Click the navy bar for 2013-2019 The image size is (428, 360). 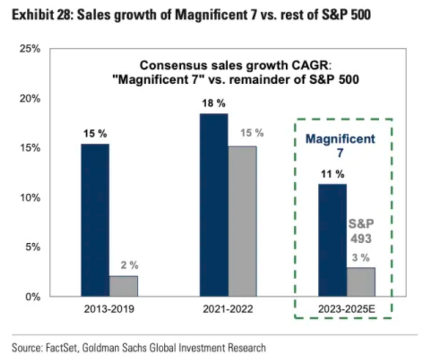95,220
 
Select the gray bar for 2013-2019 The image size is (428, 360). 124,286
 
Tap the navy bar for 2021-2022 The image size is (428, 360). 214,205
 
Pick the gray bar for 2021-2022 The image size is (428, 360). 242,221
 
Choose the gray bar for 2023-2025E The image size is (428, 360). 361,282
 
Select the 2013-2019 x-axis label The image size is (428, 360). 109,309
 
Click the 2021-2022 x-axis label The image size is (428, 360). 228,309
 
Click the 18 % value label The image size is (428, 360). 213,103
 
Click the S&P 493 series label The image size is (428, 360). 360,230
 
